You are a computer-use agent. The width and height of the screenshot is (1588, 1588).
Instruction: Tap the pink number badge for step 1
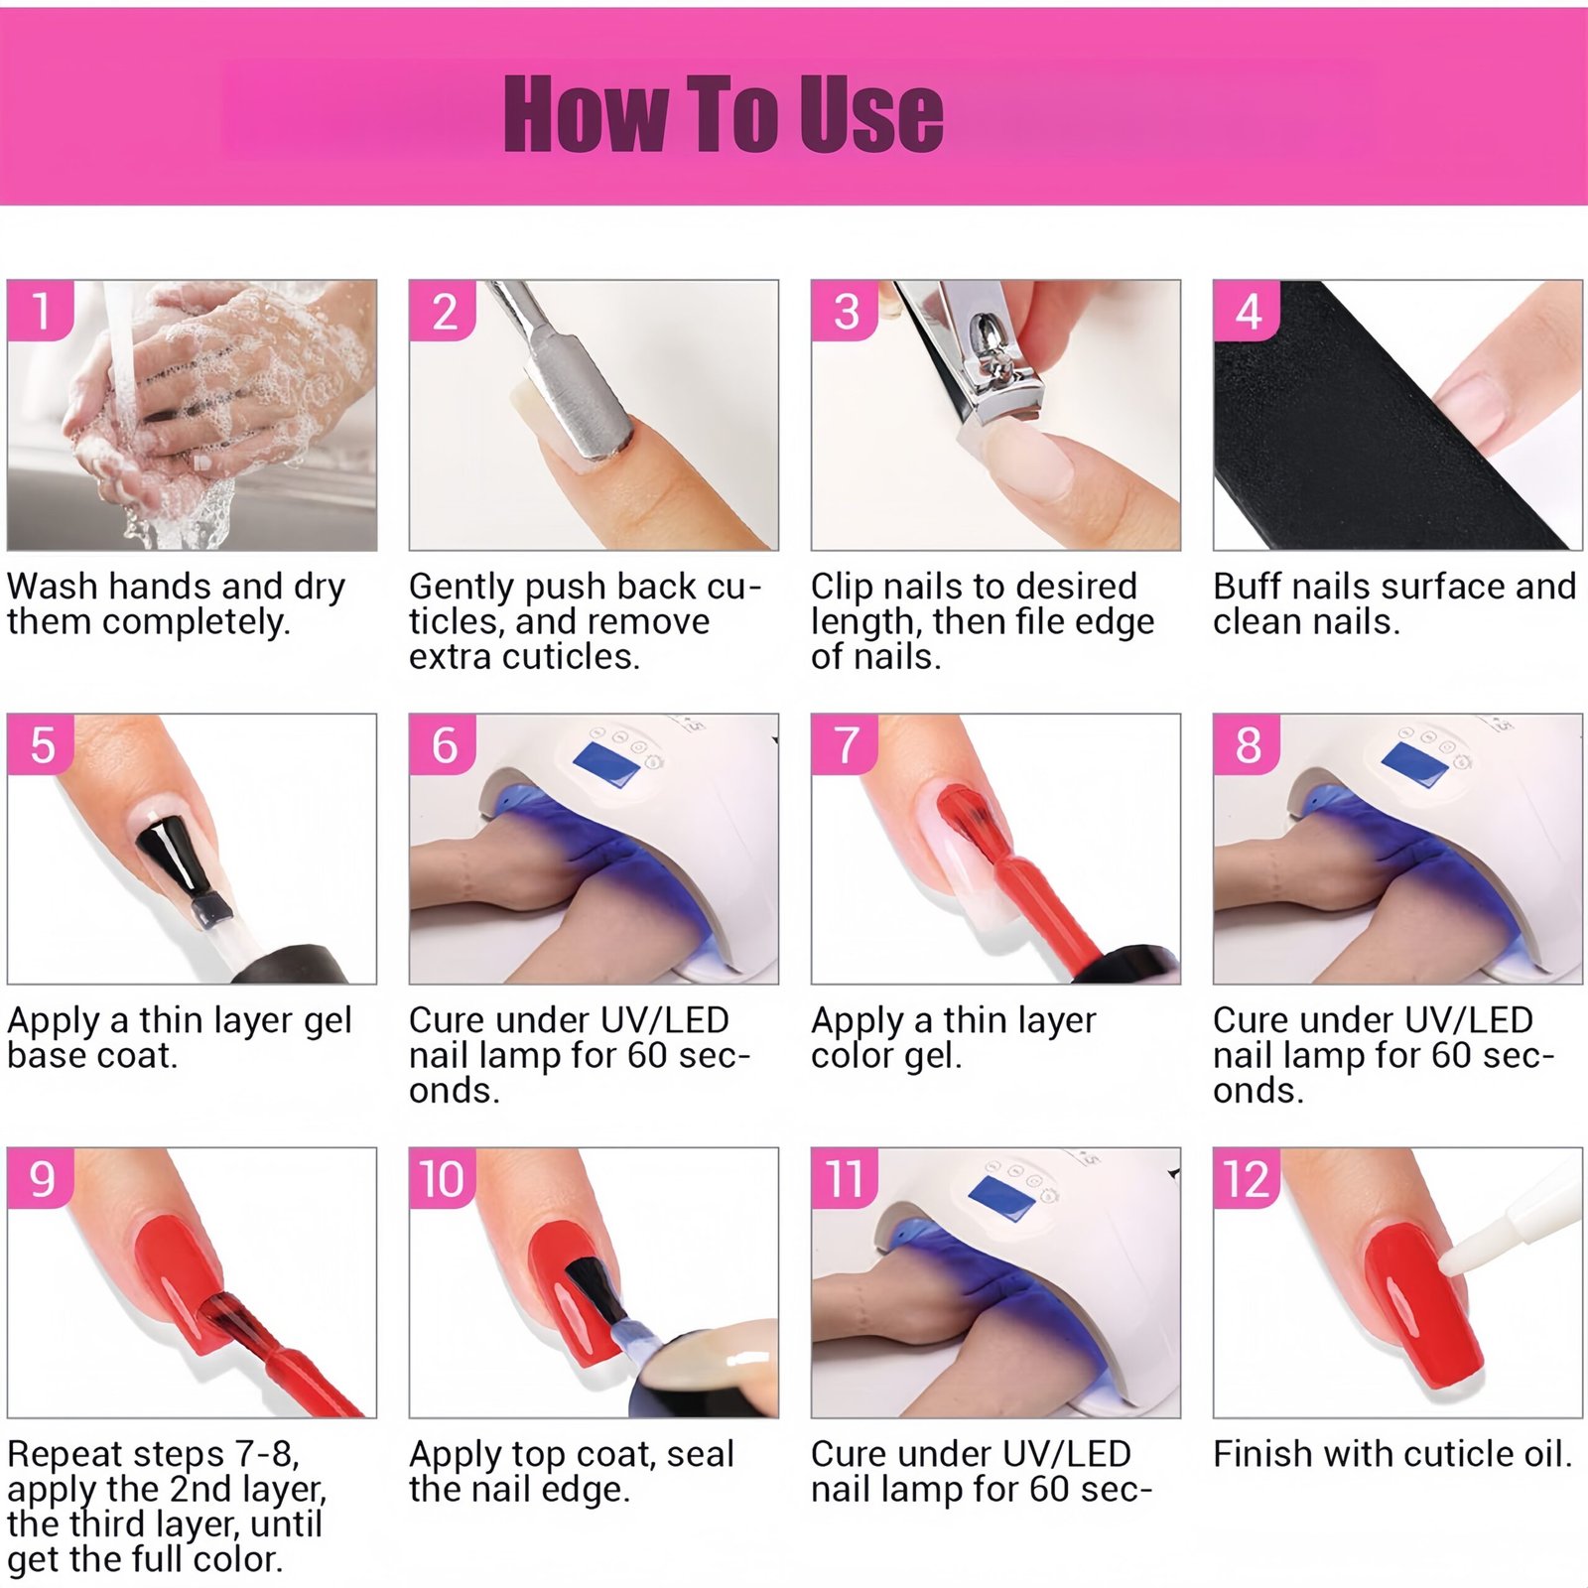(x=41, y=311)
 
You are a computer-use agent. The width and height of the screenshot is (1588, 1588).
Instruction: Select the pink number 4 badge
(x=1247, y=311)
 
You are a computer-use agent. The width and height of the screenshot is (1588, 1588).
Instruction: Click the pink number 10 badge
(x=443, y=1179)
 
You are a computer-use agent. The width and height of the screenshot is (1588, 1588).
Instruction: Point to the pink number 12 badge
(x=1247, y=1179)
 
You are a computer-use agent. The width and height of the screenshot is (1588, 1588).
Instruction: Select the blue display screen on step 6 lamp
(x=606, y=765)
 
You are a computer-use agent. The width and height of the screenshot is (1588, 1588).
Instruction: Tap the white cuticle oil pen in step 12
(x=1509, y=1216)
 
